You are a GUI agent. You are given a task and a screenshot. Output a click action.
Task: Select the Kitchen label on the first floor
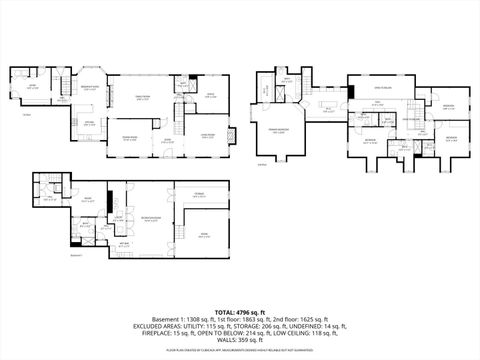pos(89,122)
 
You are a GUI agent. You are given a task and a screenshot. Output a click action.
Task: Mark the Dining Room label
pos(129,137)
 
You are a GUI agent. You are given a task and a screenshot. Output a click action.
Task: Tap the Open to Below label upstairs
pos(379,87)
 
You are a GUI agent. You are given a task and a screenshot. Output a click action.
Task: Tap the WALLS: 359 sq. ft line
pos(240,340)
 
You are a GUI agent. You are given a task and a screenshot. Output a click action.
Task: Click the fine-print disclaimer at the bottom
pos(240,351)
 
